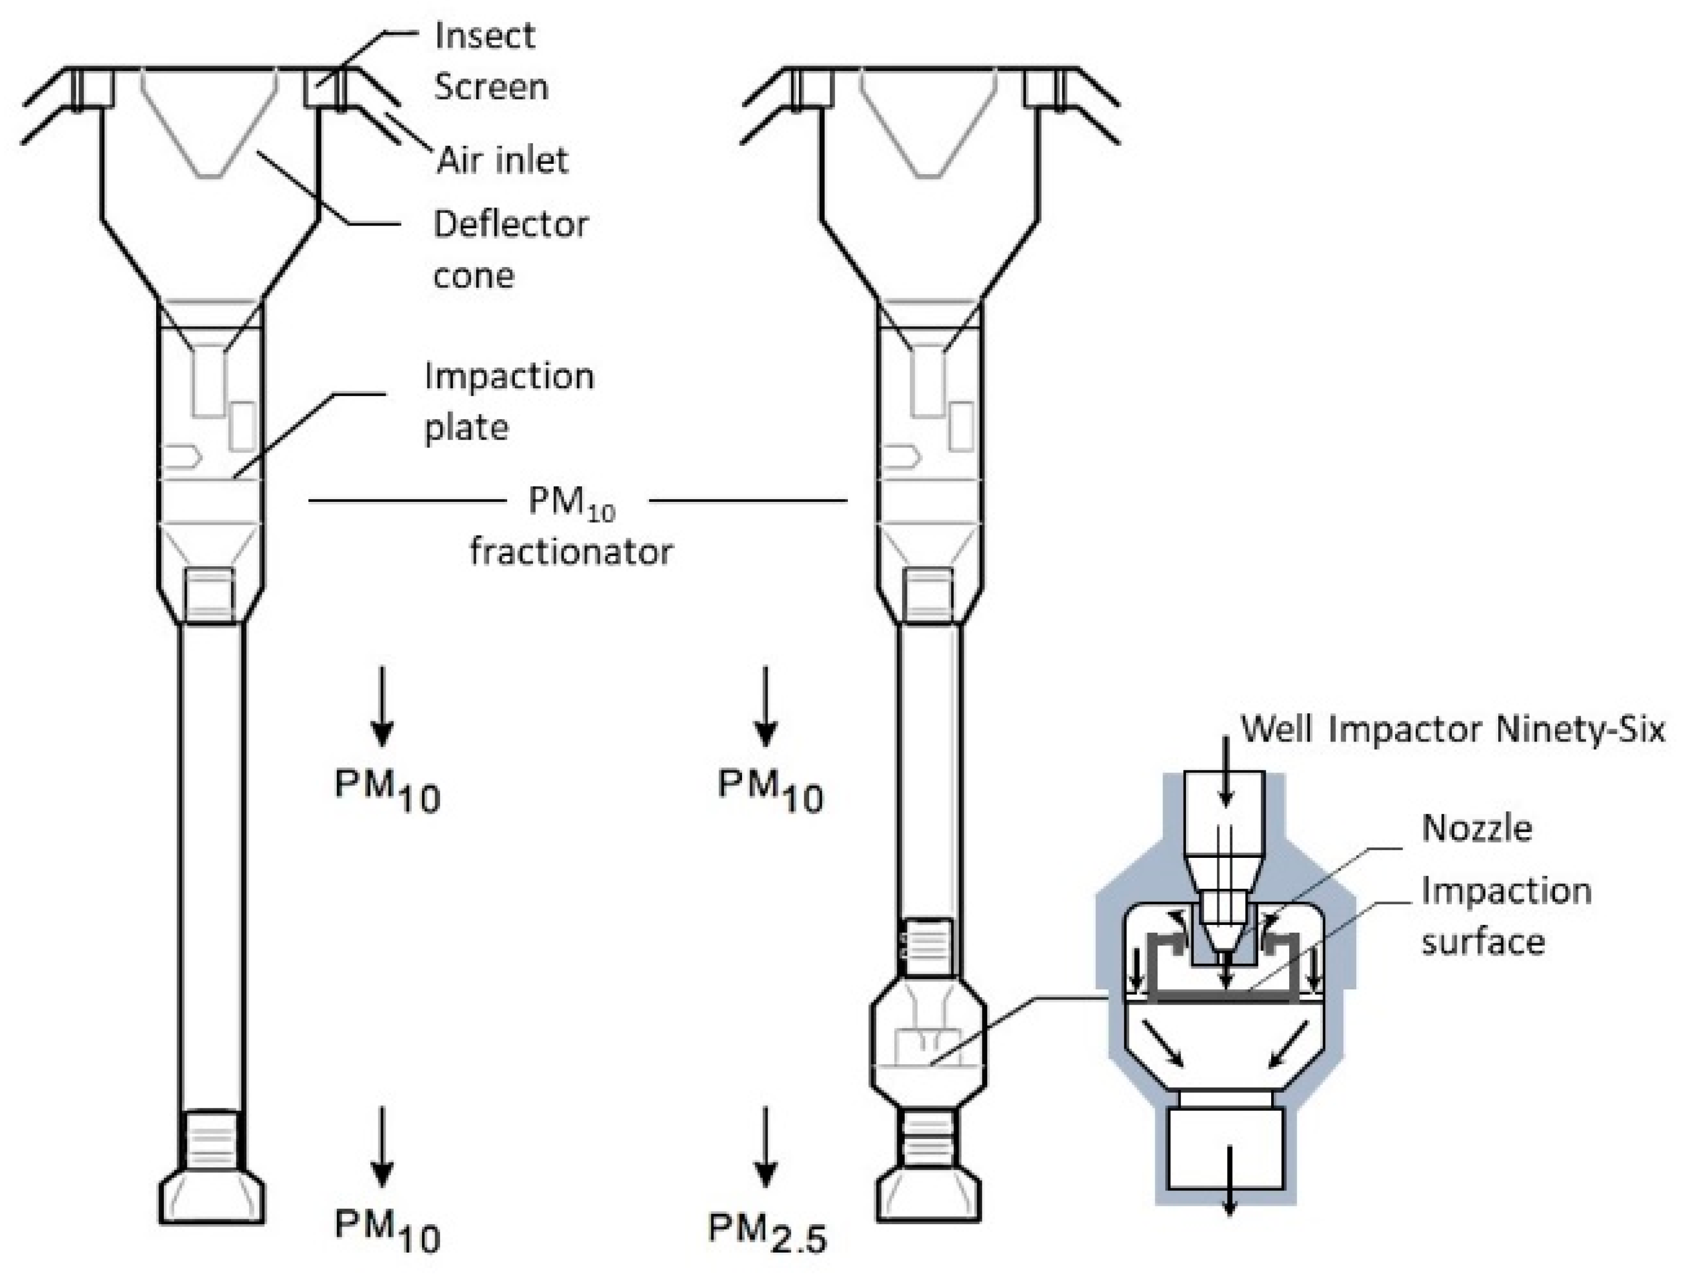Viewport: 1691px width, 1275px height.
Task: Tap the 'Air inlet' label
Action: coord(502,161)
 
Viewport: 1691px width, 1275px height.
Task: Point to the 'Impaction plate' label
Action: coord(508,401)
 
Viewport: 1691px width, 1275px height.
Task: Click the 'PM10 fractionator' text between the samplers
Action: coord(571,527)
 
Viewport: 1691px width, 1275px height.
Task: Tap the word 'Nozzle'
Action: coord(1476,828)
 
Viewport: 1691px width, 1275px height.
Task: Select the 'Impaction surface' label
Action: coord(1504,916)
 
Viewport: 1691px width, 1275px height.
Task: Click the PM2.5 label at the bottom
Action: coord(767,1234)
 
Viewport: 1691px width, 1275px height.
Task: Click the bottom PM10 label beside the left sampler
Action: coord(387,1231)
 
